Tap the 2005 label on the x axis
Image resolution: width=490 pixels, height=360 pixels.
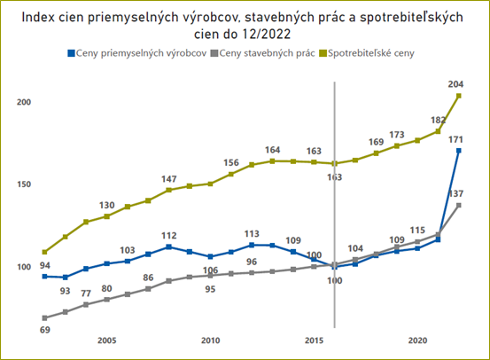click(106, 340)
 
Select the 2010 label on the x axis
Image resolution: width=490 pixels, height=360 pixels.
click(210, 340)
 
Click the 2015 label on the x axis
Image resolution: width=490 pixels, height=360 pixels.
click(314, 340)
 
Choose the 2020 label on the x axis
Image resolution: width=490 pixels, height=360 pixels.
click(417, 340)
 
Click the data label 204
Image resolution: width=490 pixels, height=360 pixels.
click(456, 84)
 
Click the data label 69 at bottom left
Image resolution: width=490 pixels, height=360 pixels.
click(44, 330)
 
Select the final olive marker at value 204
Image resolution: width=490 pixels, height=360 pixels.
click(458, 96)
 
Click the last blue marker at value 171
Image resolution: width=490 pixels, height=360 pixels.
click(458, 151)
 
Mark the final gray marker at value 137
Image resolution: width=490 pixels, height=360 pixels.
click(458, 205)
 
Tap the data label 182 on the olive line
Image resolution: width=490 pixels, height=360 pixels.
click(437, 119)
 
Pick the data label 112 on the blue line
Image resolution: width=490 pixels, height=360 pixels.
click(168, 235)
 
